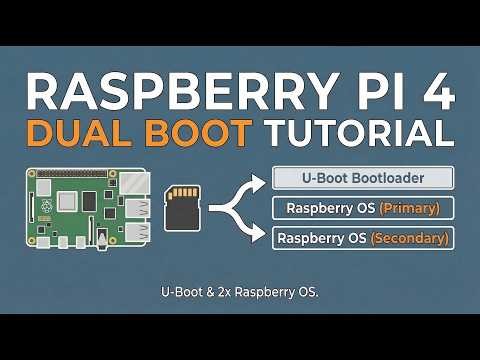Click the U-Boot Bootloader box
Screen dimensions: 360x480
[363, 180]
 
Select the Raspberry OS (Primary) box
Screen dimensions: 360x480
[363, 209]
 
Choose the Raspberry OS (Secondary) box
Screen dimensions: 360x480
[363, 238]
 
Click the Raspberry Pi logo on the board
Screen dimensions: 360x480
[46, 207]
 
